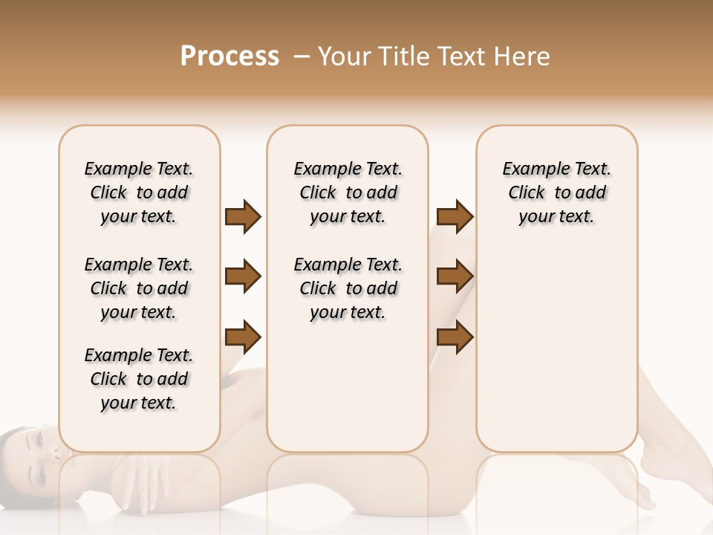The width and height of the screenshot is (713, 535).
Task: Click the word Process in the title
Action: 229,56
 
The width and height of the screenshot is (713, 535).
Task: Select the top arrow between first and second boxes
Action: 243,216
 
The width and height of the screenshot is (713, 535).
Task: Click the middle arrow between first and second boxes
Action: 243,276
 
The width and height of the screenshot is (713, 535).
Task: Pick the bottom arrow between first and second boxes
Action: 243,337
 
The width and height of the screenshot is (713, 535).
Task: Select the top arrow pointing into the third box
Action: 455,216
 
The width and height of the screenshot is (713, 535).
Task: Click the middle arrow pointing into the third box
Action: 455,276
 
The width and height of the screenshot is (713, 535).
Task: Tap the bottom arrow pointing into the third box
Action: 455,337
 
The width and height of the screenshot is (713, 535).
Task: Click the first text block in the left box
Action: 139,192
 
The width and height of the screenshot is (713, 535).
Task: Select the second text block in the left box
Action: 139,288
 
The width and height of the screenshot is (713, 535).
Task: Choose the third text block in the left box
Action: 139,379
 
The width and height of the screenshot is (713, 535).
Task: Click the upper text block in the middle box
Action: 348,192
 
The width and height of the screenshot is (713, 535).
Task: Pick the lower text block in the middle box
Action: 348,288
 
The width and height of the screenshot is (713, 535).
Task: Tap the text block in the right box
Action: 556,192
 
